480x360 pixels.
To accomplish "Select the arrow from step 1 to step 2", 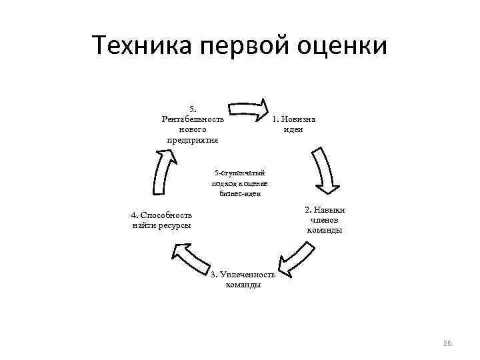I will pyautogui.click(x=324, y=171).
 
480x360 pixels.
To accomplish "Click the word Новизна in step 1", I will pyautogui.click(x=299, y=119).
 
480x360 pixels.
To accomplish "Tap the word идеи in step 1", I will pyautogui.click(x=293, y=129).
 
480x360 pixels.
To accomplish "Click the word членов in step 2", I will pyautogui.click(x=325, y=220).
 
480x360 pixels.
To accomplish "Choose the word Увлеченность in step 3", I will pyautogui.click(x=247, y=275).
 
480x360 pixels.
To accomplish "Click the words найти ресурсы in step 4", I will pyautogui.click(x=161, y=225).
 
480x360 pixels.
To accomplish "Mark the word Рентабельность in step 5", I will pyautogui.click(x=193, y=119).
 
